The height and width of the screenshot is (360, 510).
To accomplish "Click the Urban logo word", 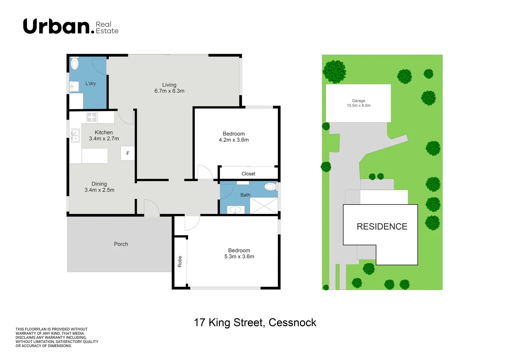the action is (x=59, y=26).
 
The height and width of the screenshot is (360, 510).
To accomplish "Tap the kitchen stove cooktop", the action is (x=92, y=117).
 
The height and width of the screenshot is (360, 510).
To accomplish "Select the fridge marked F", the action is (x=127, y=153).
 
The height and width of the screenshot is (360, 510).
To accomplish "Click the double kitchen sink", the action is (x=76, y=135).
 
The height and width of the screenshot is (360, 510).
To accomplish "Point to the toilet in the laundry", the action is (x=74, y=63).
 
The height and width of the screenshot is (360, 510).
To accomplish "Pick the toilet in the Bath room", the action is (x=271, y=187).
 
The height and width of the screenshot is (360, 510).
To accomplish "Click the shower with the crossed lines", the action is (x=264, y=206).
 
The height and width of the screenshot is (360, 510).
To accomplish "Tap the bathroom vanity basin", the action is (x=235, y=210).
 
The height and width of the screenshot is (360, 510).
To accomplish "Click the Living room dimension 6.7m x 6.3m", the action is (x=169, y=91).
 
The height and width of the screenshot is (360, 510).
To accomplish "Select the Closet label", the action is (x=248, y=174).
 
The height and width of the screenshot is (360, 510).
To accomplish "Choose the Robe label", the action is (x=180, y=261).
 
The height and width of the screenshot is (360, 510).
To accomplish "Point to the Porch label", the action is (x=121, y=244).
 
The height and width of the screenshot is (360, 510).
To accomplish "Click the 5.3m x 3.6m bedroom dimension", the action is (x=239, y=256).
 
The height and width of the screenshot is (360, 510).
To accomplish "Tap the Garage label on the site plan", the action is (x=358, y=101).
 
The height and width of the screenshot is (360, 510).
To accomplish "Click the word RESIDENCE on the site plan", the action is (x=382, y=227).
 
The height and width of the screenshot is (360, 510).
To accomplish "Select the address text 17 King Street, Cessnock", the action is (x=255, y=323).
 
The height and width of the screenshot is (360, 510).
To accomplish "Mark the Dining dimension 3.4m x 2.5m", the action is (x=99, y=190).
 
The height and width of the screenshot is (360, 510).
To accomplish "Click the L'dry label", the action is (x=90, y=84).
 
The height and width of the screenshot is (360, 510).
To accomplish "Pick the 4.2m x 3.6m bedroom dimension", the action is (x=233, y=140).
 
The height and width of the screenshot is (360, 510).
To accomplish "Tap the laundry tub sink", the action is (x=74, y=86).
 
